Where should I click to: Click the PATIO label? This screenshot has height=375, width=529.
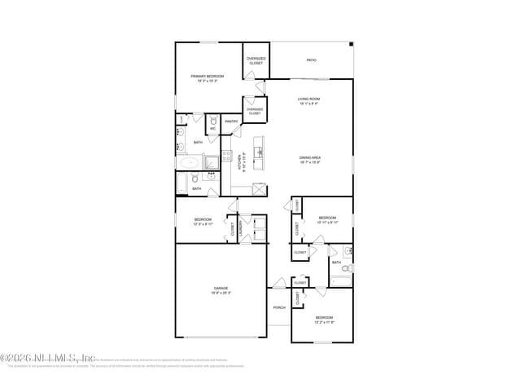tap(311, 60)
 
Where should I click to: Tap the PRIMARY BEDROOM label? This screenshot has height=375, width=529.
tap(208, 77)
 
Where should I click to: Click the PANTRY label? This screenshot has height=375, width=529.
tap(231, 122)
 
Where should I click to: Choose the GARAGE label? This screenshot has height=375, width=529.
tap(221, 288)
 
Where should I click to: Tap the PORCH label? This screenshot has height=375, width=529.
tap(279, 307)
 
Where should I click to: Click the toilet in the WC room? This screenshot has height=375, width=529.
tap(212, 120)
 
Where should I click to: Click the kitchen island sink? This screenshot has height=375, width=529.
tap(258, 152)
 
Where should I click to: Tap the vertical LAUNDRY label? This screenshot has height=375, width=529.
tap(241, 229)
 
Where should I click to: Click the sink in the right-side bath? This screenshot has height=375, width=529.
tap(348, 250)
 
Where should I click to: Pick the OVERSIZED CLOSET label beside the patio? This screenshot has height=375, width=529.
tap(256, 60)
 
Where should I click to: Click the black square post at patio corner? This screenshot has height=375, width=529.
tap(351, 45)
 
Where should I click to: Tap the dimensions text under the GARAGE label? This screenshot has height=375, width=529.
tap(221, 293)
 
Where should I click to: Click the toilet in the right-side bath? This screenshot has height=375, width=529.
tap(345, 267)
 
